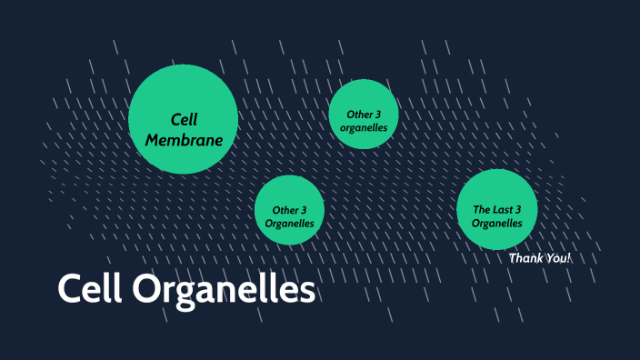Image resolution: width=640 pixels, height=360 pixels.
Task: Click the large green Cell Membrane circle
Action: tap(183, 119)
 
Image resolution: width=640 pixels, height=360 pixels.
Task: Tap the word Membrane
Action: tap(184, 140)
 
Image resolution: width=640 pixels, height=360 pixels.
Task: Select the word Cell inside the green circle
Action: tap(185, 119)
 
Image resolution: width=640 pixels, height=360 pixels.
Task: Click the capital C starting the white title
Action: tap(69, 290)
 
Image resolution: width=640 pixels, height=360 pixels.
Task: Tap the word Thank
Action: tap(525, 258)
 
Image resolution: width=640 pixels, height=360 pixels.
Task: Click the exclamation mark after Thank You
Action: tap(570, 258)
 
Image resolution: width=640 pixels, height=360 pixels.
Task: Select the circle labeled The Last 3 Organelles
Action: tap(496, 210)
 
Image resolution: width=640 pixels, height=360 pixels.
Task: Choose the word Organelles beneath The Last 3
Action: tap(497, 223)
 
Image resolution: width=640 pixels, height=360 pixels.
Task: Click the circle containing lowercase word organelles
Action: tap(364, 115)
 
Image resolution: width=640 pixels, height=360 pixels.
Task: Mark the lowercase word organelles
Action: tap(364, 128)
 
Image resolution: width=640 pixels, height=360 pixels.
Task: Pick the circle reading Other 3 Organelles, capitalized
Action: tap(289, 210)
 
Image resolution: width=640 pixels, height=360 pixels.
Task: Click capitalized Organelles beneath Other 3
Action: tap(289, 223)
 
